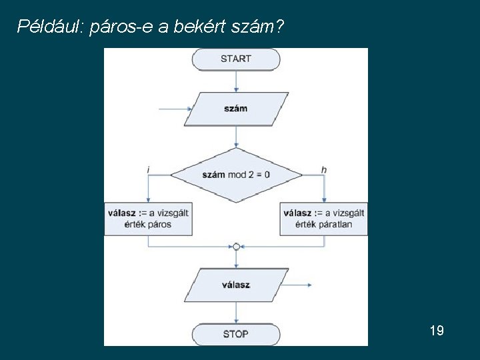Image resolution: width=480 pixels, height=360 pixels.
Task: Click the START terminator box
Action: coord(235,59)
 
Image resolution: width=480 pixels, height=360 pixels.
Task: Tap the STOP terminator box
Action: coord(235,334)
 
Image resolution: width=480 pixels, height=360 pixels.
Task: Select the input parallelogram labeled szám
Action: coord(236,109)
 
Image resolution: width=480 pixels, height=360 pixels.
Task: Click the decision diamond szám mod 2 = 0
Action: coord(236,175)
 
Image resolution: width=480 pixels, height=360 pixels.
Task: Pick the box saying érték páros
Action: coord(148,219)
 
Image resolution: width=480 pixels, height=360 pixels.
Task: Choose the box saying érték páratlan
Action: coord(324,219)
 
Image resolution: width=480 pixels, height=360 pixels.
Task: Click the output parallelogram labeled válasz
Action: coord(236,285)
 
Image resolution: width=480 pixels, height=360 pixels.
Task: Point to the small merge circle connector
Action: coord(236,247)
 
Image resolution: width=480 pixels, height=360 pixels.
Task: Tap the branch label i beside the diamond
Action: coord(147,170)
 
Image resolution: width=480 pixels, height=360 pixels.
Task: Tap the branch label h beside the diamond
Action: coord(324,170)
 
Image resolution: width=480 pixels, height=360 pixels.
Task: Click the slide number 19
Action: coord(437,331)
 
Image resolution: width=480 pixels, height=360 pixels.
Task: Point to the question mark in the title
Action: coord(280,27)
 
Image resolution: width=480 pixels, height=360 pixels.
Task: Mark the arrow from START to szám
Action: coord(236,81)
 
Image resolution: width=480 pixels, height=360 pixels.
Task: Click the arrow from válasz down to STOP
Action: coord(236,313)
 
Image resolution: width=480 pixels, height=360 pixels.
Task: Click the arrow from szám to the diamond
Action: coord(236,137)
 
